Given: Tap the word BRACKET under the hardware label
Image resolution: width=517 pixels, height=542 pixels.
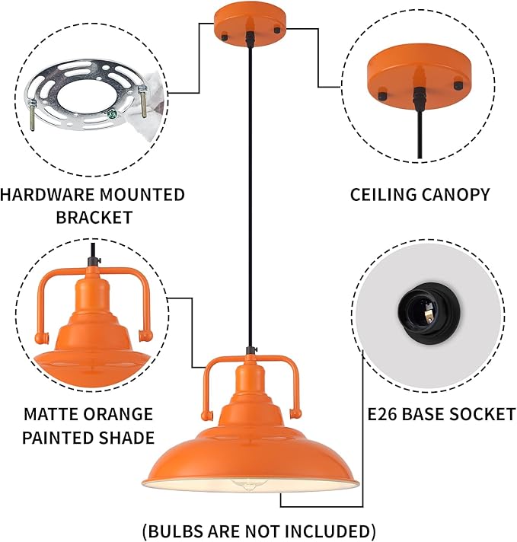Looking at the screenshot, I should (x=93, y=217).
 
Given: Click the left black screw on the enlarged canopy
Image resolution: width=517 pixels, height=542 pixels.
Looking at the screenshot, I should (x=378, y=97).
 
